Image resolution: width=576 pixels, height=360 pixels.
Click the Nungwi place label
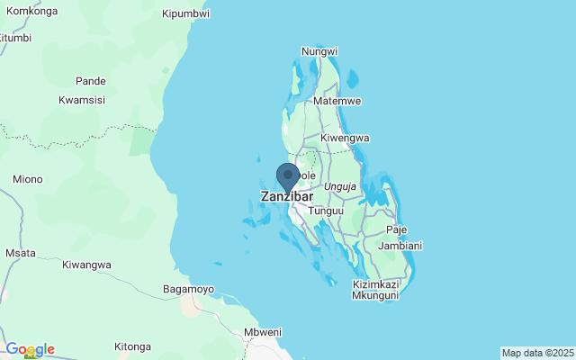pos(319,51)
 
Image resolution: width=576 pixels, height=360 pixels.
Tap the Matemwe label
pos(337,102)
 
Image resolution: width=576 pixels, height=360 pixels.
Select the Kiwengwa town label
pos(346,138)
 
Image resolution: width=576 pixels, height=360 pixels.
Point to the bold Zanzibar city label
pos(287,196)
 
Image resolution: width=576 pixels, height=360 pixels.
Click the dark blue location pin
pos(288,176)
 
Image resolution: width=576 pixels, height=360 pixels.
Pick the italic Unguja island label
pos(341,186)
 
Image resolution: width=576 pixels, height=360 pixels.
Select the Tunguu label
pos(326,211)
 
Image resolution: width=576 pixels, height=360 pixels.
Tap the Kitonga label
pos(133,346)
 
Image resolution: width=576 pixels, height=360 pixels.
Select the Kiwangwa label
pos(86,265)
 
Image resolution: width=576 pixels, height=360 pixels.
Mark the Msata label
pos(20,254)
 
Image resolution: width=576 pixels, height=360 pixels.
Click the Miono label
pos(27,179)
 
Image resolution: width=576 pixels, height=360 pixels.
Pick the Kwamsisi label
pos(84,100)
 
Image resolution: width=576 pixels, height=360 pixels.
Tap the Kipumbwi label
pos(185,13)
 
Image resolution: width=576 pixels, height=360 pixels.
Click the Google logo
pos(30,349)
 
